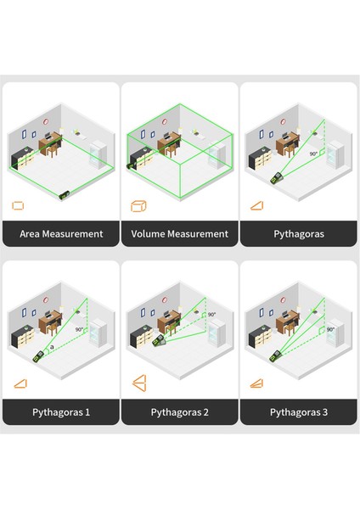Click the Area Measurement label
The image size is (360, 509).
[x=61, y=233]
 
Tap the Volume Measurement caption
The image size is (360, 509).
[x=180, y=233]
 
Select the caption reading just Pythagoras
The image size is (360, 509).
[x=298, y=233]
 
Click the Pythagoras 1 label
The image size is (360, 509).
[x=61, y=413]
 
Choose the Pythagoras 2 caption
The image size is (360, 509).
[x=180, y=413]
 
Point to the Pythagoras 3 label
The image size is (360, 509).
[x=298, y=413]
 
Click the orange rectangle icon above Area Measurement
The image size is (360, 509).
[x=19, y=205]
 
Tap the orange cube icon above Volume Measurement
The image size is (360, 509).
[x=138, y=205]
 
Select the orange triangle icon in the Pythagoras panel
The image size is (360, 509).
[x=256, y=205]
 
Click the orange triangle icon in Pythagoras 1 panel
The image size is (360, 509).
[x=19, y=384]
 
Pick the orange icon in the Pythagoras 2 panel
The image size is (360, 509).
[x=138, y=384]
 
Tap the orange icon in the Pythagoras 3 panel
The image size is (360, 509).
[x=256, y=384]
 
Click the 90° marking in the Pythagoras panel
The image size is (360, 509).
[x=313, y=154]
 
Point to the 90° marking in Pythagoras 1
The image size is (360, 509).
[x=79, y=329]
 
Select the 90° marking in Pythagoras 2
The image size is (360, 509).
[x=211, y=315]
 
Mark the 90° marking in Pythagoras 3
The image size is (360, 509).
[x=330, y=329]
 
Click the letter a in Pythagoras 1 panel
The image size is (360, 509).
[x=53, y=347]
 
